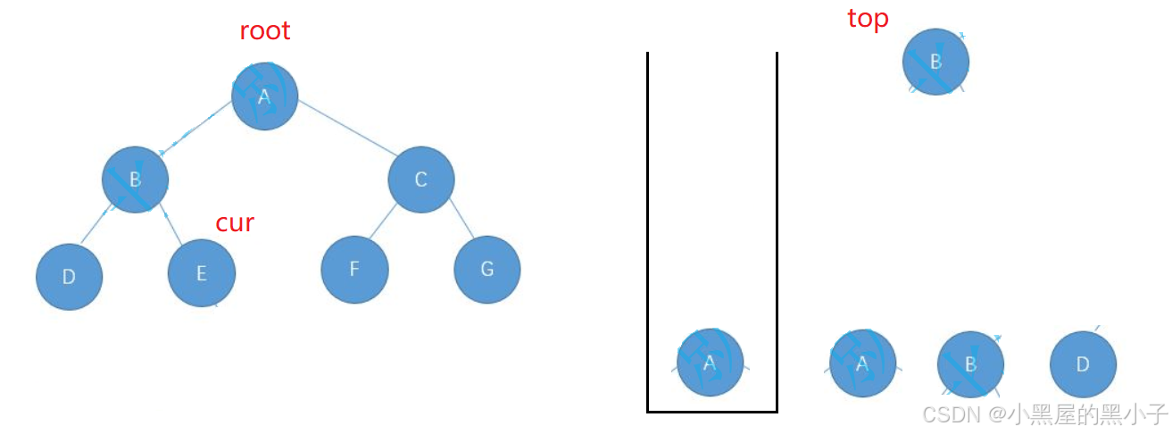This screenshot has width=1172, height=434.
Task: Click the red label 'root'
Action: (x=265, y=31)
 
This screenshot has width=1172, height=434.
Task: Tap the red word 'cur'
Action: (x=235, y=222)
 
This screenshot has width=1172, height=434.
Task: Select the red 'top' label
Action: (x=868, y=19)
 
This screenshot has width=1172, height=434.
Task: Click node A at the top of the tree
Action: (x=264, y=96)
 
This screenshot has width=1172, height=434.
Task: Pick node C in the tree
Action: (x=421, y=180)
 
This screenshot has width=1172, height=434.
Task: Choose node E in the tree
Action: (x=202, y=273)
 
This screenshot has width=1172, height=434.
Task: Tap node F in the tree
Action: (x=354, y=270)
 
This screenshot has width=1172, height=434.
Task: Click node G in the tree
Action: (x=486, y=270)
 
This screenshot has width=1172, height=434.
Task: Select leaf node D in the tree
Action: (x=70, y=277)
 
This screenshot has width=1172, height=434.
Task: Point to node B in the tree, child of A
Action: (x=135, y=179)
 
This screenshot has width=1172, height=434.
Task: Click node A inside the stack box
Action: (x=710, y=363)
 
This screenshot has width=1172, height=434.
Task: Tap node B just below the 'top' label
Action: (x=935, y=62)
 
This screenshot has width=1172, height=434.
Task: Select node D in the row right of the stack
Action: (x=1083, y=364)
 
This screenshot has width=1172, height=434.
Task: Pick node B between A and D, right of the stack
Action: (x=970, y=364)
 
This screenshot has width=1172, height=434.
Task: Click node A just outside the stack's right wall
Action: (x=862, y=363)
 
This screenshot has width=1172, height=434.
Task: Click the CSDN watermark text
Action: (x=1044, y=414)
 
